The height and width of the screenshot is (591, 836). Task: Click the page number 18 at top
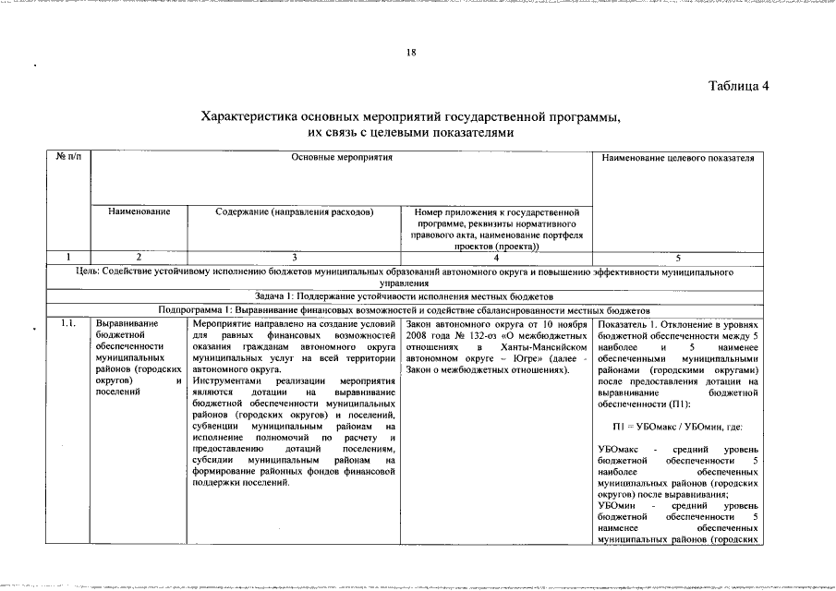click(411, 53)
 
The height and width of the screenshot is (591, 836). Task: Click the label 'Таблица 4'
click(738, 87)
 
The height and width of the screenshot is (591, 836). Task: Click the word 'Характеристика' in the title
click(252, 117)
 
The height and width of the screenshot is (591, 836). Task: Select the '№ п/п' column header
click(68, 158)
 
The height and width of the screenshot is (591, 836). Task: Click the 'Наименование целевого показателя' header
click(677, 158)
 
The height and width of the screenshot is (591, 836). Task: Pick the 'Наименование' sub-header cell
click(139, 211)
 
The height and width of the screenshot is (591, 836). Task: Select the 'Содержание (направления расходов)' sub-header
click(294, 211)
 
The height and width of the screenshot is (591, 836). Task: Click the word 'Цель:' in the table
click(91, 273)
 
